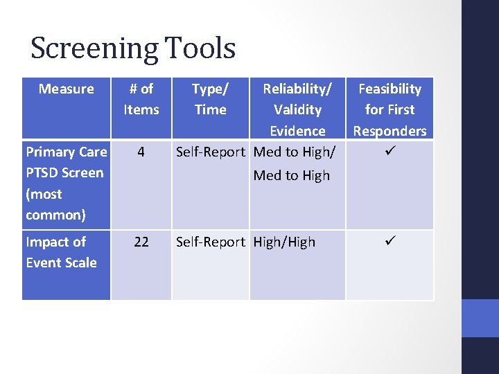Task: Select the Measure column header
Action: point(67,89)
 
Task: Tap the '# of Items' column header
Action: point(141,99)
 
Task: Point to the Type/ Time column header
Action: point(210,99)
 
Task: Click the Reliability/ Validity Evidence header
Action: point(297,109)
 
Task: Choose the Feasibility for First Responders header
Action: point(389,109)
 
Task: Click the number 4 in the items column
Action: point(141,152)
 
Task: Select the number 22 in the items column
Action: point(141,242)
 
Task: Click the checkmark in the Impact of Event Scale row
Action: point(389,242)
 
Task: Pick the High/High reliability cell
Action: point(284,242)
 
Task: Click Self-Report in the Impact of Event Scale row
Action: point(211,242)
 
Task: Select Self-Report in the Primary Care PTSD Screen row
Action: point(211,152)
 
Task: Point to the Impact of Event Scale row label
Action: point(61,252)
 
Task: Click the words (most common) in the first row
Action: point(55,204)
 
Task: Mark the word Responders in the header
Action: point(389,131)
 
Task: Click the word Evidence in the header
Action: point(297,131)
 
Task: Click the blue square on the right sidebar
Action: point(480,318)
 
